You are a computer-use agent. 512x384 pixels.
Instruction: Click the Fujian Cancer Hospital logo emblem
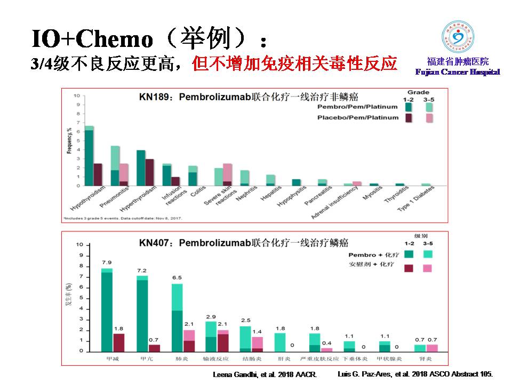tap(458, 37)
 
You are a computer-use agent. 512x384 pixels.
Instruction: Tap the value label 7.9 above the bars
tap(107, 262)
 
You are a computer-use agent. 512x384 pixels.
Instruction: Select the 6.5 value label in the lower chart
tap(177, 278)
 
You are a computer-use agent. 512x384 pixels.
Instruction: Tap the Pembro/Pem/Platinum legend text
tap(358, 107)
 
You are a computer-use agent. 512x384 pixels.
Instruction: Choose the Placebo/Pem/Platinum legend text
tap(358, 117)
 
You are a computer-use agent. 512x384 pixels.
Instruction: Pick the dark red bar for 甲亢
tap(154, 348)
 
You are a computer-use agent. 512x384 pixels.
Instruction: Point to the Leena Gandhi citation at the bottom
tap(265, 375)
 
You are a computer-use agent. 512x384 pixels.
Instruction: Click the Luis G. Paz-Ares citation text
tap(415, 374)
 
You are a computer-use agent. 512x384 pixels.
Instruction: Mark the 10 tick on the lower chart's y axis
tap(80, 244)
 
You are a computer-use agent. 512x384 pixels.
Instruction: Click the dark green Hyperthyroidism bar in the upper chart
tap(141, 167)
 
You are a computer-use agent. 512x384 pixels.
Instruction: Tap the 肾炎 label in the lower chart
tap(426, 358)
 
